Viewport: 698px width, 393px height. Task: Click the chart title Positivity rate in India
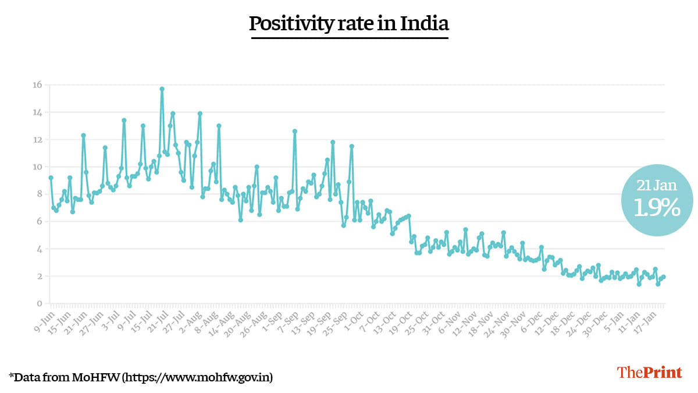pyautogui.click(x=349, y=23)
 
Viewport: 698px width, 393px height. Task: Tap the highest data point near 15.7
pyautogui.click(x=162, y=88)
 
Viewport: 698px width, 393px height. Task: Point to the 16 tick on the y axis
pyautogui.click(x=37, y=85)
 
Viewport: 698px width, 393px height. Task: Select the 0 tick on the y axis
pyautogui.click(x=40, y=303)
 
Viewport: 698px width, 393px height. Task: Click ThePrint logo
pyautogui.click(x=649, y=373)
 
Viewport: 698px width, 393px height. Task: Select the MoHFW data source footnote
pyautogui.click(x=141, y=377)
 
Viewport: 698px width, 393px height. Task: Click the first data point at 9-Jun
pyautogui.click(x=51, y=178)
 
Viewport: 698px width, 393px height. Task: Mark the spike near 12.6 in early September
pyautogui.click(x=294, y=131)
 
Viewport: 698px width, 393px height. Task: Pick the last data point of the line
pyautogui.click(x=664, y=277)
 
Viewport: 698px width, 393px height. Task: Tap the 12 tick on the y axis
pyautogui.click(x=38, y=140)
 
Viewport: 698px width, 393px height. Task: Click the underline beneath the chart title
pyautogui.click(x=350, y=38)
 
